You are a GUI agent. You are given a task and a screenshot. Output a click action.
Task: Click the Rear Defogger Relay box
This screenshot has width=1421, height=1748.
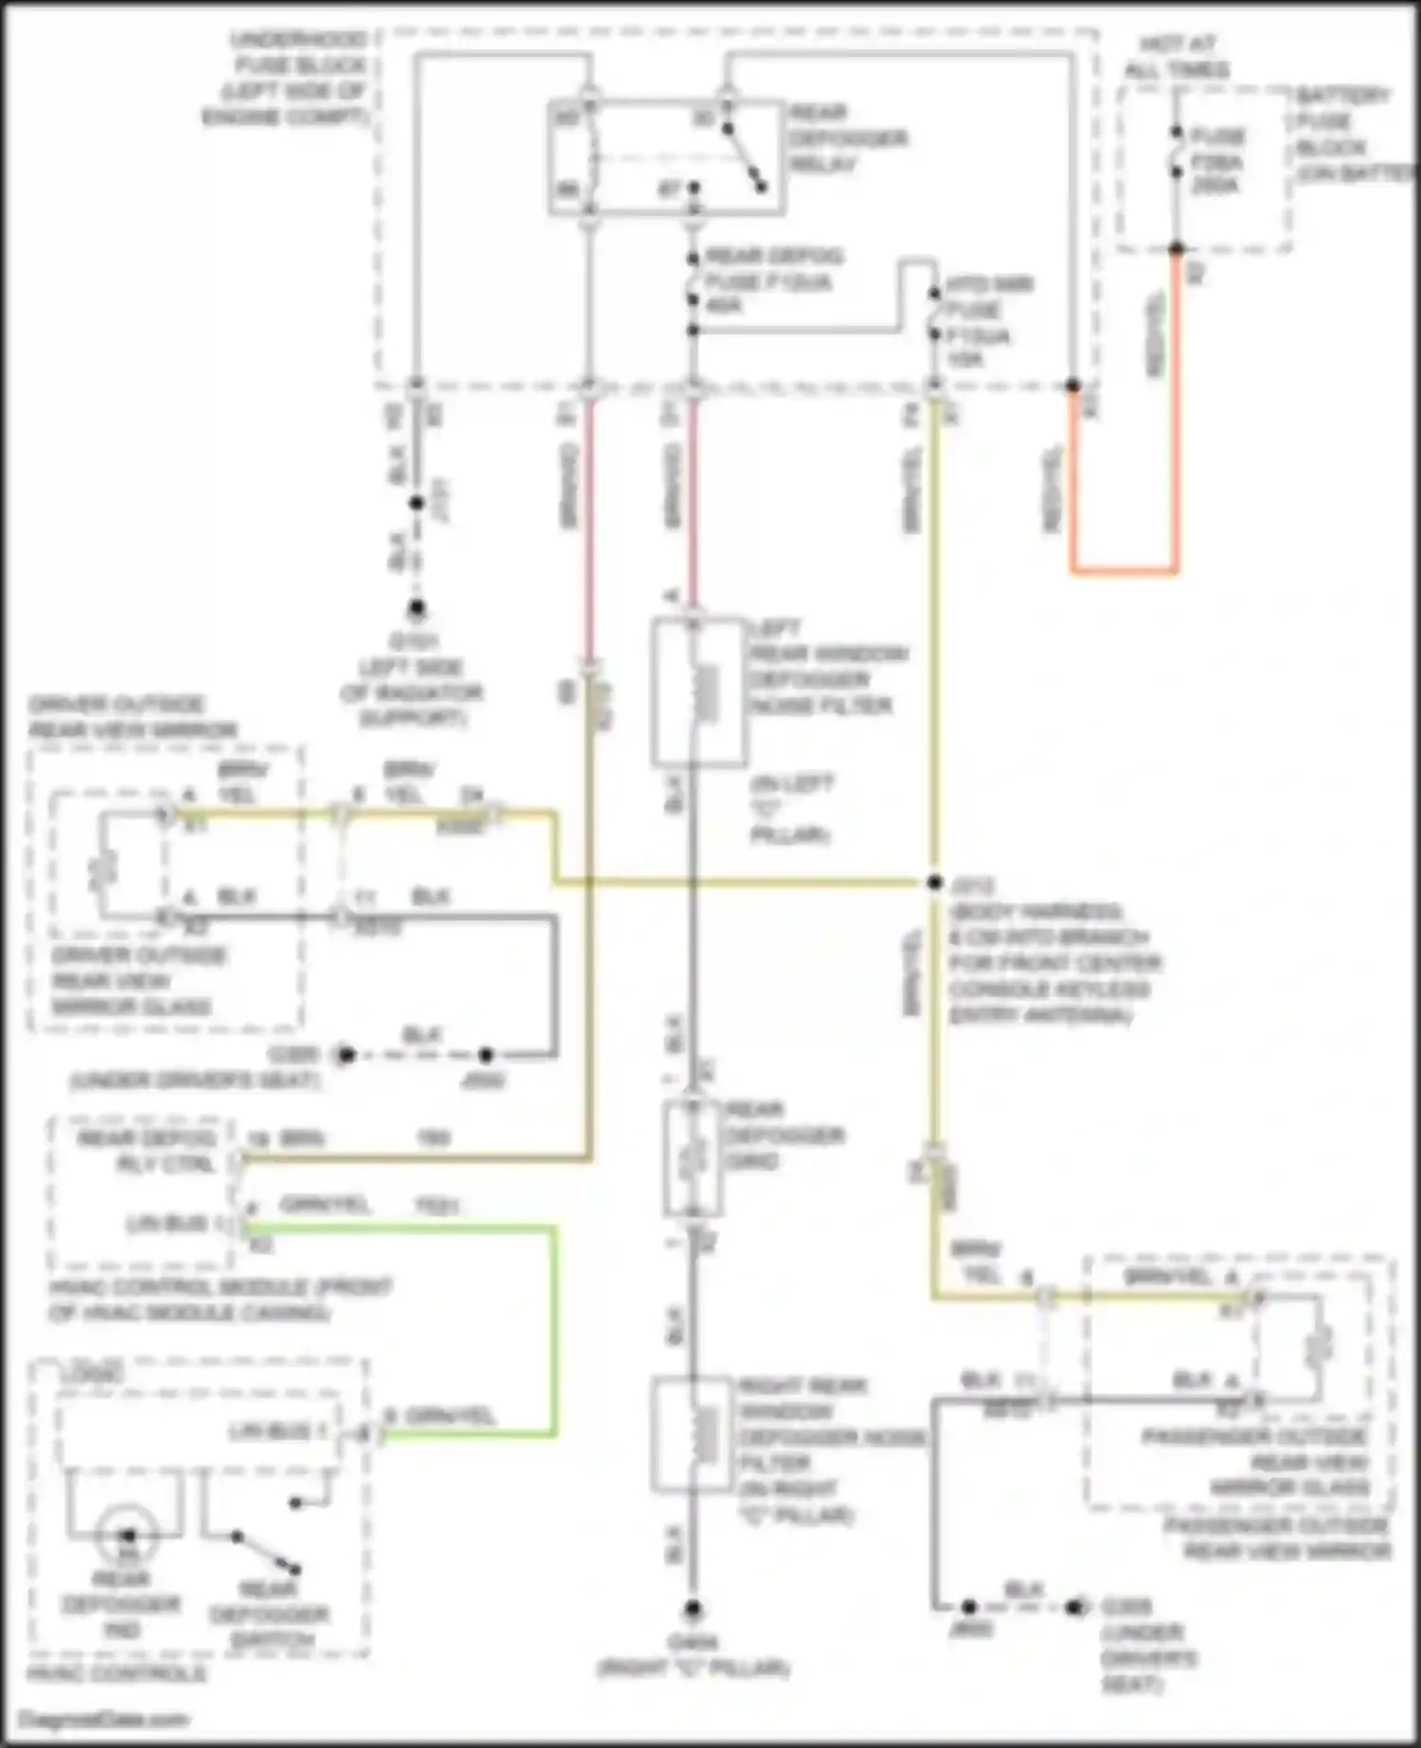pos(666,156)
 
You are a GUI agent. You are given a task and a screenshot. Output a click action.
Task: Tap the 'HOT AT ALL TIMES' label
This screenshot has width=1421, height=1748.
pos(1177,57)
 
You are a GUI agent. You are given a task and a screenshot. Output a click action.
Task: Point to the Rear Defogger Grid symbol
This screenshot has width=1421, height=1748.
pos(694,1157)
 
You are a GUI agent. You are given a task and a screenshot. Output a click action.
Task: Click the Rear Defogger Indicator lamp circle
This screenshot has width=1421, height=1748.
pos(127,1535)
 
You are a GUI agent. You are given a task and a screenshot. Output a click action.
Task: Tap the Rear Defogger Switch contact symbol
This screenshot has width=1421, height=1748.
pos(266,1552)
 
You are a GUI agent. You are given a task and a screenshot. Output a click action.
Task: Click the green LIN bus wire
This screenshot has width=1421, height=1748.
pos(554,1326)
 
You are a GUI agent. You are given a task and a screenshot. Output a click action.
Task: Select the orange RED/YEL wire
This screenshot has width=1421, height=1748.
pos(1124,571)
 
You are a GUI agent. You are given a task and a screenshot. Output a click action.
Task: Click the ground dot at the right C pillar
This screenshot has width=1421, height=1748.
pos(693,1609)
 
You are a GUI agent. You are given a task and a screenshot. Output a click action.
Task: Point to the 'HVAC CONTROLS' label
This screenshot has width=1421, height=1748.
pos(116,1674)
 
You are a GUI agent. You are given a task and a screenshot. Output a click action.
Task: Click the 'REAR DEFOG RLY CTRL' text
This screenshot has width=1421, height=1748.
pos(147,1150)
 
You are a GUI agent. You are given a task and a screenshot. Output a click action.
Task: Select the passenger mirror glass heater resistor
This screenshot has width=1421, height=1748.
pos(1318,1346)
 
